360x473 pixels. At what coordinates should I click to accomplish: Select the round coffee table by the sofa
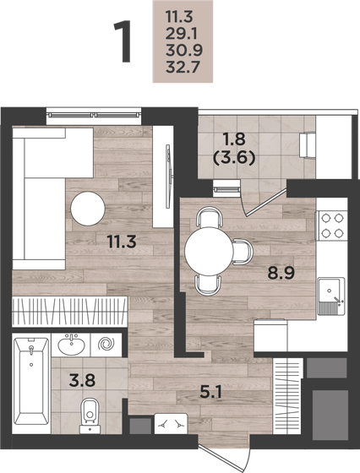coord(88,208)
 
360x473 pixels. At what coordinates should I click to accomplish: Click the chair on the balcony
coord(308,145)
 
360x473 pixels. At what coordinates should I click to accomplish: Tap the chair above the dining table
coord(207,219)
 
